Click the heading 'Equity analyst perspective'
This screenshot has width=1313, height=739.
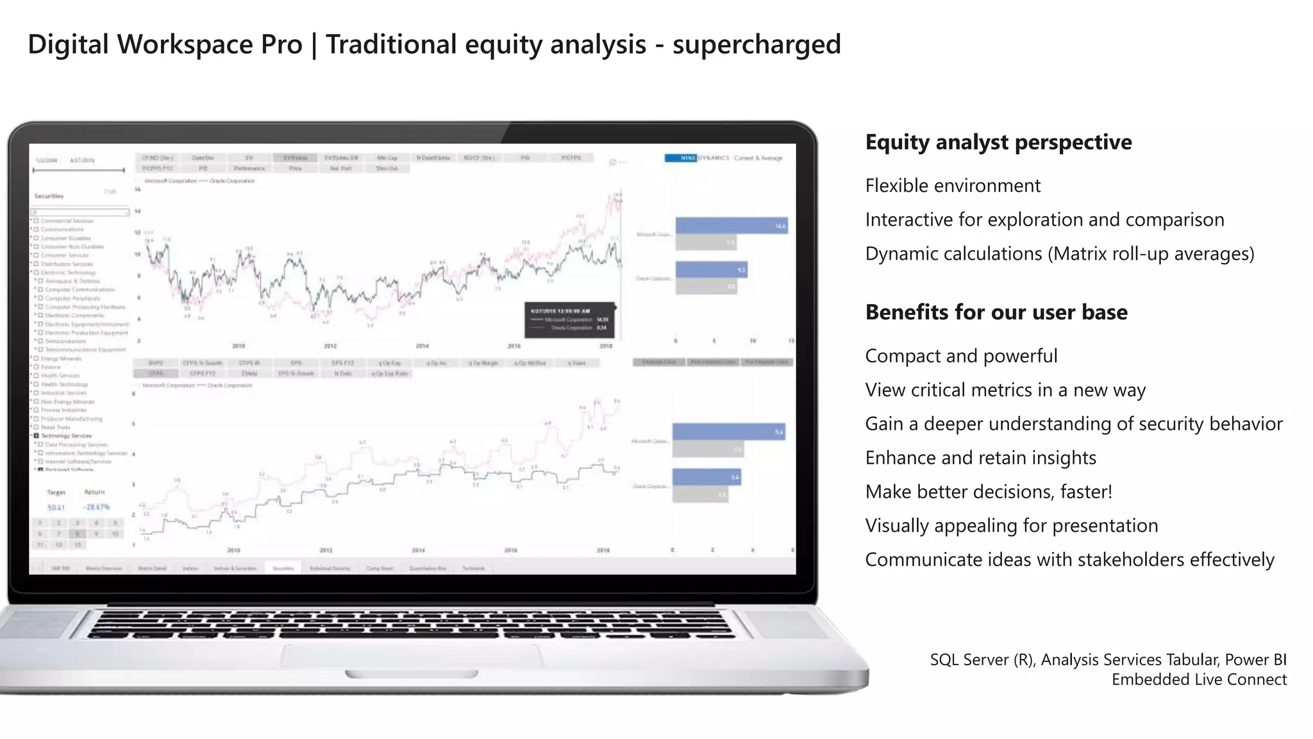[998, 142]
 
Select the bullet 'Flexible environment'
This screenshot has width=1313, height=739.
[953, 186]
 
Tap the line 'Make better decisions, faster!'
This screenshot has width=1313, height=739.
[989, 492]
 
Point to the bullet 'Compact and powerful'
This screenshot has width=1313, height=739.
[961, 356]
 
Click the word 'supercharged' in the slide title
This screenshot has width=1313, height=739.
[757, 45]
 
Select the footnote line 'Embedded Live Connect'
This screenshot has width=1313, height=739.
[1199, 680]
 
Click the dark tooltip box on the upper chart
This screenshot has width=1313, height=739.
[569, 320]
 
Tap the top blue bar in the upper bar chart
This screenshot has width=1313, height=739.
[732, 226]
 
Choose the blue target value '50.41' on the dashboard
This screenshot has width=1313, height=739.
[56, 507]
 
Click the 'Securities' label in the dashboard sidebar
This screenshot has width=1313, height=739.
[49, 196]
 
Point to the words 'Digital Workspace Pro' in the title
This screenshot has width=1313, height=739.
[165, 45]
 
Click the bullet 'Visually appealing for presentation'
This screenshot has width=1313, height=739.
[1011, 526]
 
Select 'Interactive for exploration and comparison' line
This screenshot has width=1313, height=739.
[1044, 220]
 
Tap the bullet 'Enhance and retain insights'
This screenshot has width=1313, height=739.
[980, 458]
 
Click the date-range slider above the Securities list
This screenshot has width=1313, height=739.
[79, 171]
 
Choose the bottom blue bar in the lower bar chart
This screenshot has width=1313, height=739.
[707, 477]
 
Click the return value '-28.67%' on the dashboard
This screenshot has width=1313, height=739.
[96, 507]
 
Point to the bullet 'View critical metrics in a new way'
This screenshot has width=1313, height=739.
[1005, 390]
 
